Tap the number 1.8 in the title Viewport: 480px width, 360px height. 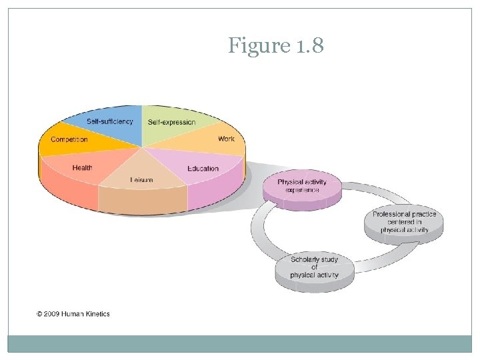coord(308,47)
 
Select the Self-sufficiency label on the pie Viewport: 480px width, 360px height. coord(109,121)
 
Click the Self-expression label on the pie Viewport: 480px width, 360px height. coord(172,122)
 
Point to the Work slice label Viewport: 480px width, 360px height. coord(227,139)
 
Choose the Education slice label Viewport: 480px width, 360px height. coord(203,168)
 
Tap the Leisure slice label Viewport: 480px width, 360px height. coord(141,179)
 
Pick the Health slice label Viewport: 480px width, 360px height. coord(83,168)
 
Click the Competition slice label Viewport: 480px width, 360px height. coord(69,139)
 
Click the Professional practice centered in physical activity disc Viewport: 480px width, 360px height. coord(404,222)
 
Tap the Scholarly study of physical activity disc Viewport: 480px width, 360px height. coord(315,267)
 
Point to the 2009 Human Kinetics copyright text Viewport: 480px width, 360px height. coord(73,314)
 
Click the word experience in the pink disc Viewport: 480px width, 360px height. coord(302,190)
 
